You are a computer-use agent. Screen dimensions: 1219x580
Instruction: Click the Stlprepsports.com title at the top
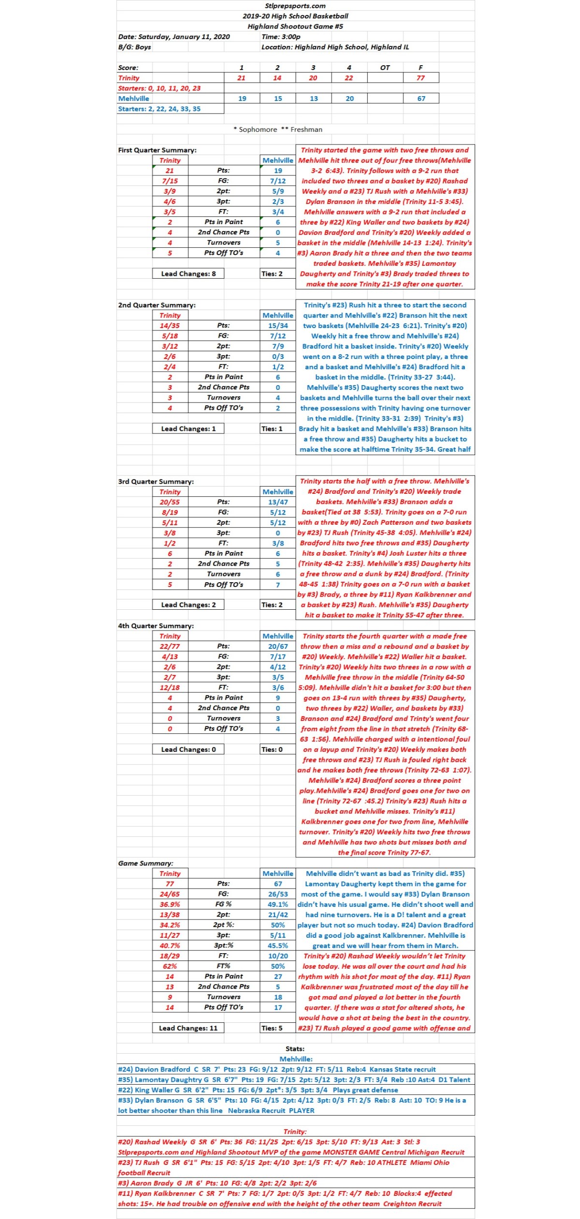point(295,6)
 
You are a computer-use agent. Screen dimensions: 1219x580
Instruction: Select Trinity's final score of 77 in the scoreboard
point(420,78)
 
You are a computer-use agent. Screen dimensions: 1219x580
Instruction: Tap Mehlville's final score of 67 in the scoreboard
point(421,99)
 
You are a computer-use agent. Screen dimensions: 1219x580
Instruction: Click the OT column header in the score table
point(385,68)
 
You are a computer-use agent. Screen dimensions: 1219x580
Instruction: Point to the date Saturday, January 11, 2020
point(174,37)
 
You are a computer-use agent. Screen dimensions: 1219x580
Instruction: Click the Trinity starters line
point(159,88)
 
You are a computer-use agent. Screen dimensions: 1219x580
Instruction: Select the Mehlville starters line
point(159,109)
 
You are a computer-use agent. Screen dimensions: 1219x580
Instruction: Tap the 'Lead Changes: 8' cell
point(188,273)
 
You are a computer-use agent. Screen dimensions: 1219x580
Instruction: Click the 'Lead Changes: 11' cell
point(188,1028)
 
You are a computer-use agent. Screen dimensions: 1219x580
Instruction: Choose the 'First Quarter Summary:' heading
point(157,150)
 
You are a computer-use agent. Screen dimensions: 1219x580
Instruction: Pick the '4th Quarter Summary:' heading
point(156,626)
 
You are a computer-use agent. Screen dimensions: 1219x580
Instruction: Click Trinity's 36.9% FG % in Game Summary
point(170,904)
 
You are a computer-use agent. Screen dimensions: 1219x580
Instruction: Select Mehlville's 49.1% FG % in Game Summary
point(278,904)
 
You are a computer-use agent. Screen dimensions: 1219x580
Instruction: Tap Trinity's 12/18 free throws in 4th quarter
point(170,687)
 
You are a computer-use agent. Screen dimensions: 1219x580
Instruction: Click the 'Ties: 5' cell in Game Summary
point(272,1028)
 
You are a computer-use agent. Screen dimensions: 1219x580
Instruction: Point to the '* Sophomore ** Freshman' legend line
point(277,129)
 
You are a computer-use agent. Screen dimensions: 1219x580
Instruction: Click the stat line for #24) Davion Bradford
point(276,1069)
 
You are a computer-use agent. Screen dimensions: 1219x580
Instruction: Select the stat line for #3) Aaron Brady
point(217,1183)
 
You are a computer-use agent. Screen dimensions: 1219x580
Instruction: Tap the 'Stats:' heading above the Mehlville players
point(295,1048)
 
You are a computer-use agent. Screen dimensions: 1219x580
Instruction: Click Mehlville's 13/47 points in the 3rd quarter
point(278,502)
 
